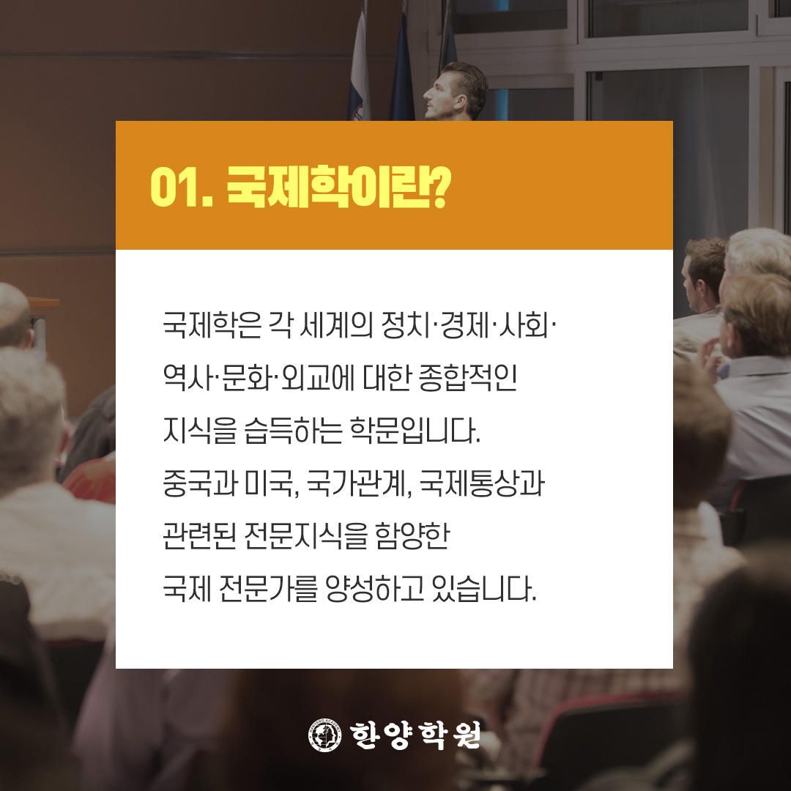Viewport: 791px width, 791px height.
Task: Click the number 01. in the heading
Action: [182, 187]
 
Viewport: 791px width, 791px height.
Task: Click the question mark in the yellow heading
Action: [439, 187]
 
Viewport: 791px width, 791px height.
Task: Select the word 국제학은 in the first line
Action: [212, 324]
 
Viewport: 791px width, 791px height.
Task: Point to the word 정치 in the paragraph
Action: [406, 324]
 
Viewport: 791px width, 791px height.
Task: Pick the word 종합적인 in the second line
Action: [467, 378]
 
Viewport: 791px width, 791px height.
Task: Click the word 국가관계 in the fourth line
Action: [356, 483]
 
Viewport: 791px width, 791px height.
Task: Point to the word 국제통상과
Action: [482, 483]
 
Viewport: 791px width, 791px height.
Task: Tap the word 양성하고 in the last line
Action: [375, 589]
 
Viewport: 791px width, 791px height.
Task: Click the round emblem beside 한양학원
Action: [325, 735]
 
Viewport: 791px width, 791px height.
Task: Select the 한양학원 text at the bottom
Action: [415, 735]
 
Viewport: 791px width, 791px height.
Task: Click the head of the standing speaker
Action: [456, 92]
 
